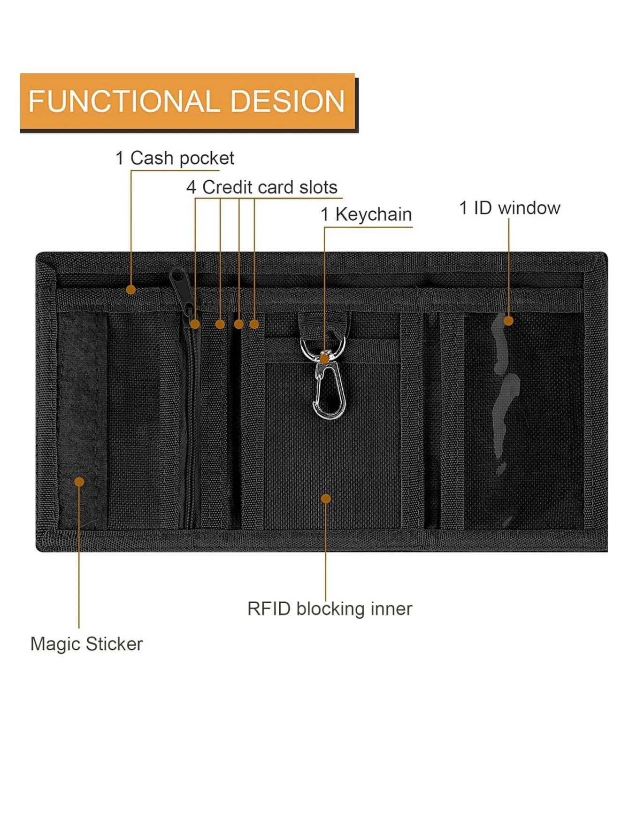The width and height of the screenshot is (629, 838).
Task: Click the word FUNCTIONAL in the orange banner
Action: (122, 101)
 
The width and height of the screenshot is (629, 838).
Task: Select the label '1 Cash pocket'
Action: (175, 158)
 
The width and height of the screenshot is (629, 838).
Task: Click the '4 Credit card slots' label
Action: (261, 187)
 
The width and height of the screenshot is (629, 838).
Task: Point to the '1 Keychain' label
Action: (366, 214)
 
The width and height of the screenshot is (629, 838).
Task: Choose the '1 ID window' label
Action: (509, 208)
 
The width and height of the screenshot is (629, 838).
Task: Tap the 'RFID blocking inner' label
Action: (330, 609)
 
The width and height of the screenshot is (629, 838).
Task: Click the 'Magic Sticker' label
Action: (86, 644)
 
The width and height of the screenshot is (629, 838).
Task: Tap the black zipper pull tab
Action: (180, 281)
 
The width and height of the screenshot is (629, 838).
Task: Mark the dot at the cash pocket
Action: (131, 290)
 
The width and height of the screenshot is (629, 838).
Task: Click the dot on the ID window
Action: (508, 321)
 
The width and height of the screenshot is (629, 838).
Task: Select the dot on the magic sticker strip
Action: (79, 482)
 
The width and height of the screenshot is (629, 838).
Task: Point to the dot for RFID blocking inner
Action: (325, 499)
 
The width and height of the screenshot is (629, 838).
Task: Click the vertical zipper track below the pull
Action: (190, 423)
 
